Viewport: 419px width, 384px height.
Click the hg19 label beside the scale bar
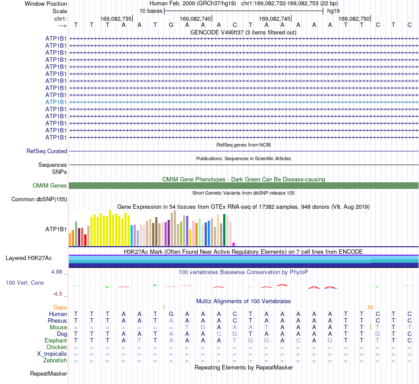pos(333,11)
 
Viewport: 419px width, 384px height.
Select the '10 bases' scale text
pos(151,11)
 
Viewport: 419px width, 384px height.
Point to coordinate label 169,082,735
pos(116,19)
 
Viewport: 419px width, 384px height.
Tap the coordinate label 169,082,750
pos(354,19)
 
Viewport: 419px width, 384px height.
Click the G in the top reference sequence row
pos(171,25)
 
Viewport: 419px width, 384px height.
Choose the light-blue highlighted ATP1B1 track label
pos(56,102)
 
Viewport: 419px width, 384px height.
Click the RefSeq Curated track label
pos(47,151)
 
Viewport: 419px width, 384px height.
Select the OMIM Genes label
pos(50,185)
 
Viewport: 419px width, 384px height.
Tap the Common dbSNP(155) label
pos(39,199)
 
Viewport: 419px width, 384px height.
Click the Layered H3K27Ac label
pos(29,258)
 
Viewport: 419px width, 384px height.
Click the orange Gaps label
pos(60,308)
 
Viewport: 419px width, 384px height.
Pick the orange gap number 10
pos(370,308)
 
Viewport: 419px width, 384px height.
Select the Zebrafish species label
pos(55,361)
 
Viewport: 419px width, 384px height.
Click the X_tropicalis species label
pos(52,354)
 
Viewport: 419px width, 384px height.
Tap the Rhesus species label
pos(57,320)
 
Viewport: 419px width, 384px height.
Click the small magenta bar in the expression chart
pos(234,244)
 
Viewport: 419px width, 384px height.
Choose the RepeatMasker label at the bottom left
pos(49,373)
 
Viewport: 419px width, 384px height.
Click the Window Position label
pos(46,4)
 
